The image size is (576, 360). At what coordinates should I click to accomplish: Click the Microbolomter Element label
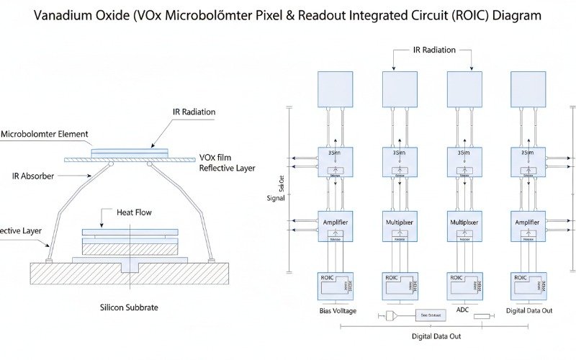[x=45, y=134]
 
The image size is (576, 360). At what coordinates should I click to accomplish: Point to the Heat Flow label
[x=134, y=212]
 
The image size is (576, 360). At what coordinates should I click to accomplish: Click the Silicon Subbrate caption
[x=129, y=307]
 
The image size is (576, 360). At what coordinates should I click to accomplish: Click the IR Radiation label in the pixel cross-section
[x=194, y=112]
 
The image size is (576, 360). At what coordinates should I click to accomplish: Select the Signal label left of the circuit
[x=276, y=197]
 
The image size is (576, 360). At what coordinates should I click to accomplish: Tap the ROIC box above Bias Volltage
[x=336, y=285]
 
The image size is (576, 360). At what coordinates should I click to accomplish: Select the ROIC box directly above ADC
[x=464, y=285]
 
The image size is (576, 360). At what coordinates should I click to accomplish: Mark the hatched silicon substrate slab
[x=130, y=274]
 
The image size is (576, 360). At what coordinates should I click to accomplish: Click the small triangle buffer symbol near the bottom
[x=392, y=315]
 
